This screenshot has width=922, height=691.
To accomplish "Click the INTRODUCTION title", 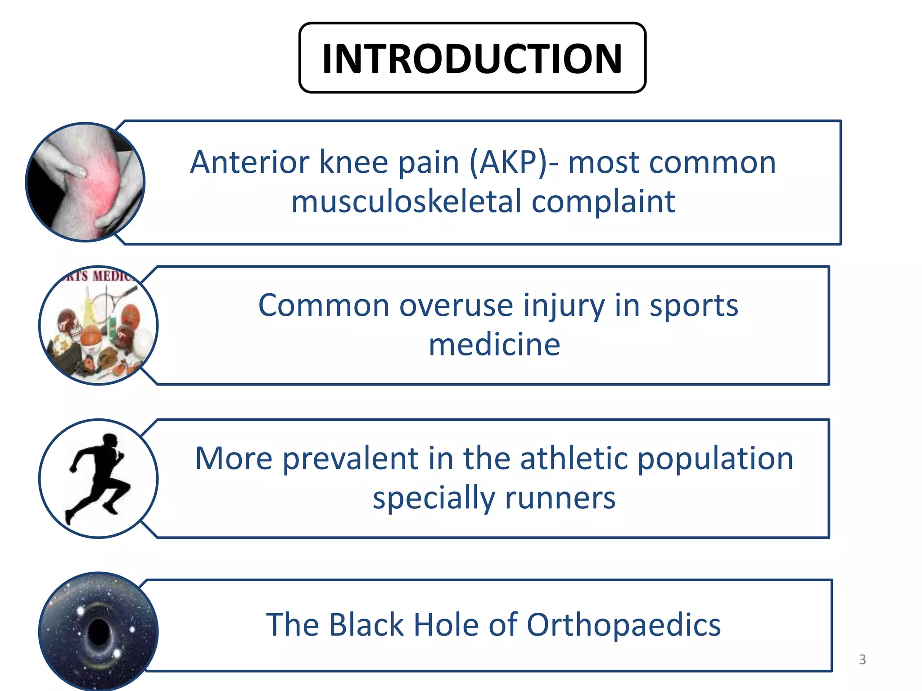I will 472,58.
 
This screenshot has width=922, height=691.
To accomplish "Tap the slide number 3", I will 862,659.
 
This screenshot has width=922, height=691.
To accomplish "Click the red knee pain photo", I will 85,182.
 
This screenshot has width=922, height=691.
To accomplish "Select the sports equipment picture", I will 98,325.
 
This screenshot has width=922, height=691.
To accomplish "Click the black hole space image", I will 98,631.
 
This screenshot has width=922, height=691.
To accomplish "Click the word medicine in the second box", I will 494,345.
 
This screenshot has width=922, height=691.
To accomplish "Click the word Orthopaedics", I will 624,625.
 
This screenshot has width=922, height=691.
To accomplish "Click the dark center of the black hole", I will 98,632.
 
